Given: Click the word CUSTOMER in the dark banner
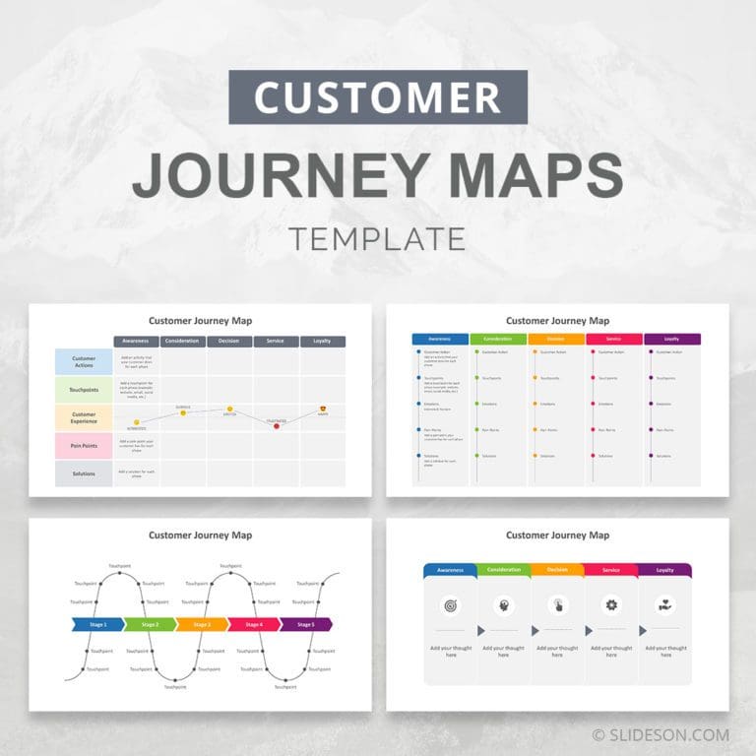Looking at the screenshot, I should pos(377,97).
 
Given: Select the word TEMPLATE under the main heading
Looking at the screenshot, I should pos(377,238).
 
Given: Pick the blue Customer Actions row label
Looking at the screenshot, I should pos(84,362).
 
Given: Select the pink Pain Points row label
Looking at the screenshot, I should pos(84,446).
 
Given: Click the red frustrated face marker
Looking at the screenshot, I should pos(277,425).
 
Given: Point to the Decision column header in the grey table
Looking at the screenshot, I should pos(229,342).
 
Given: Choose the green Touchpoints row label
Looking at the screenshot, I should pos(84,390).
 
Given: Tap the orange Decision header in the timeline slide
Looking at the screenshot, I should pos(556,339).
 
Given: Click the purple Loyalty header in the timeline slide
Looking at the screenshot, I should pos(672,339).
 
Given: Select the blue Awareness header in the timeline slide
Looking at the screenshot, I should pos(440,339).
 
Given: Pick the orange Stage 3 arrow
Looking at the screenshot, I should pos(202,624).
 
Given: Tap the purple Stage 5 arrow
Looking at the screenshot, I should pos(306,624).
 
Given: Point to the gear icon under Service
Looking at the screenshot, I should pos(611,604).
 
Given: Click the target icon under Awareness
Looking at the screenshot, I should pos(450,604).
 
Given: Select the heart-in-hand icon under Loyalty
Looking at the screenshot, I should pos(664,604).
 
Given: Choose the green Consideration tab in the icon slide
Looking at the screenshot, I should pos(503,570).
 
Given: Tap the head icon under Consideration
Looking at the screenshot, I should pos(504,604).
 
